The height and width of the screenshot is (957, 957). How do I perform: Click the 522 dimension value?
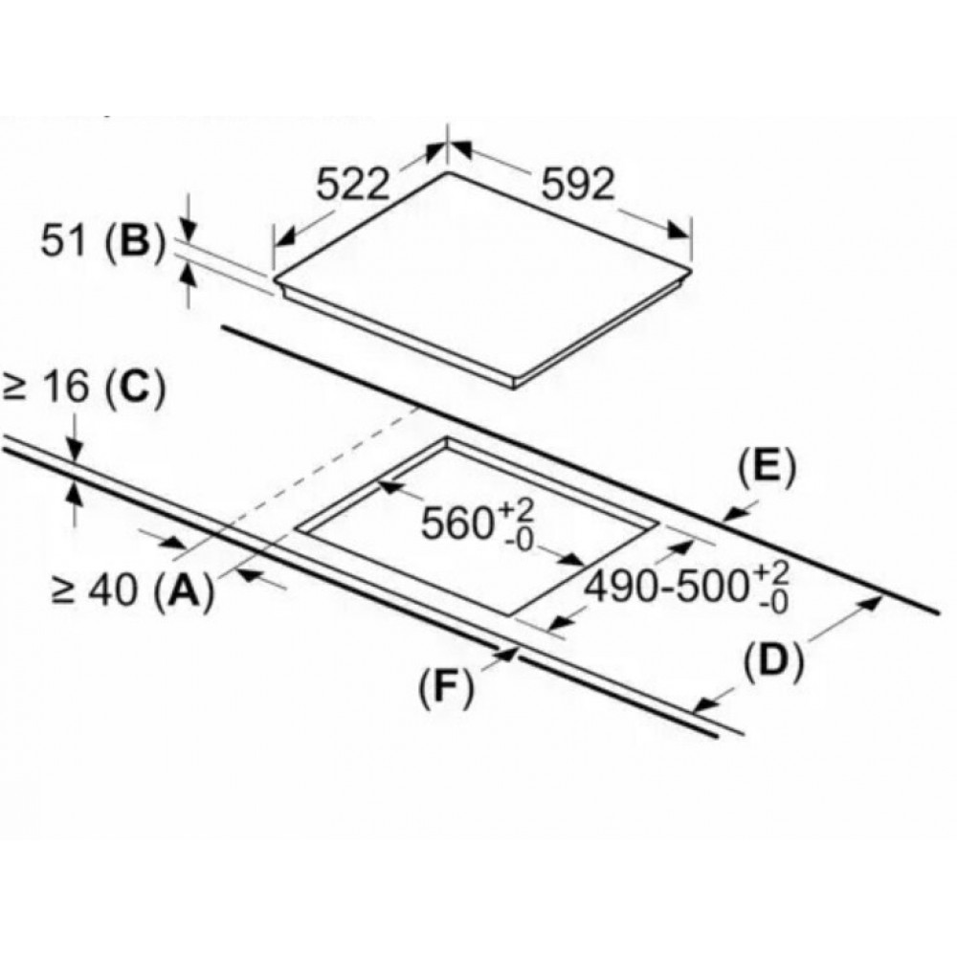353,184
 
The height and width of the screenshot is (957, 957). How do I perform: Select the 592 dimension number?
577,185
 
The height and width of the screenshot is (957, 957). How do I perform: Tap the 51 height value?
62,241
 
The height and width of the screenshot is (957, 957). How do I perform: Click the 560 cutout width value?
457,523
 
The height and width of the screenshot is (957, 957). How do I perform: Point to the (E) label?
768,468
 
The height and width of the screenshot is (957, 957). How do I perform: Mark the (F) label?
446,689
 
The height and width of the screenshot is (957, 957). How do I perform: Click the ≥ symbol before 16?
14,389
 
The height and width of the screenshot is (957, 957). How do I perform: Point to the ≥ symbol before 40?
64,592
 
